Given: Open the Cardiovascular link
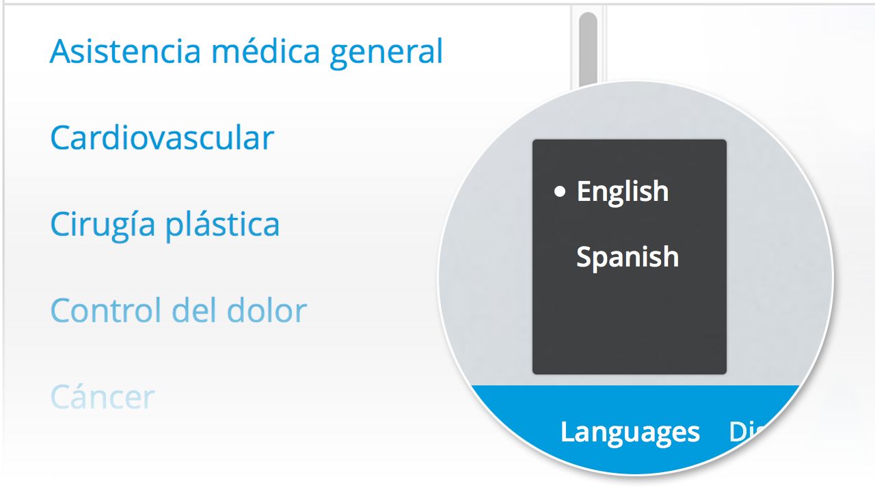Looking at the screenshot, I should (x=162, y=138).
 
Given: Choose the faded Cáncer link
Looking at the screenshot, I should (x=103, y=397).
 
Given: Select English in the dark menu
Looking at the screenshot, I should (x=622, y=192).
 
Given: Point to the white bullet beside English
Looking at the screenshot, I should (x=561, y=192).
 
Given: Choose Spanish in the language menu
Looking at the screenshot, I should (x=628, y=258).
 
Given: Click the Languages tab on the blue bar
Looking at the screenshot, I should (x=630, y=432).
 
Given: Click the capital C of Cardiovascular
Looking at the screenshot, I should (x=61, y=138).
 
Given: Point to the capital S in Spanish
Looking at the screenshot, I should (x=584, y=257).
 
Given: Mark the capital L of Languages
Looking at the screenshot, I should (x=566, y=432).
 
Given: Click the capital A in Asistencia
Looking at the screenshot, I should (x=61, y=51).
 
